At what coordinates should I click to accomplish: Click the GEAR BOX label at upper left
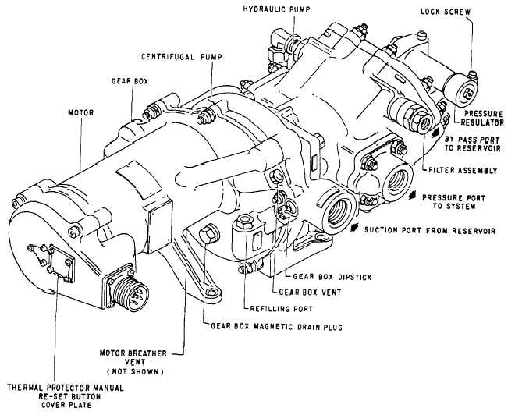pyautogui.click(x=127, y=81)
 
